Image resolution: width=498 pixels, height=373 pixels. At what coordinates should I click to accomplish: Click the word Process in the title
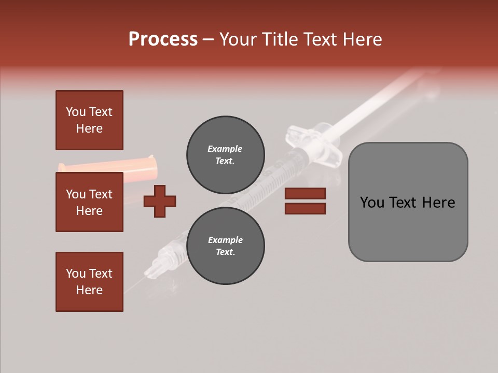[163, 39]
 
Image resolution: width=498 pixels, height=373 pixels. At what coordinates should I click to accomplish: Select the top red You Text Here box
[89, 120]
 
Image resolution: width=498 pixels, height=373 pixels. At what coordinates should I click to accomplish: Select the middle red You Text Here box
[89, 202]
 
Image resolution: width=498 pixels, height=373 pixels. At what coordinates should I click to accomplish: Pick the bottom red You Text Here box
[89, 281]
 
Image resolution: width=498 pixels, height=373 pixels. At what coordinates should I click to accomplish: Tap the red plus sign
[160, 200]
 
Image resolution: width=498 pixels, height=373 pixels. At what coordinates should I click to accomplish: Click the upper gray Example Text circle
[225, 154]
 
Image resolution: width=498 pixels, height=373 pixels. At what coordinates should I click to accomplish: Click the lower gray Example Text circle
[225, 246]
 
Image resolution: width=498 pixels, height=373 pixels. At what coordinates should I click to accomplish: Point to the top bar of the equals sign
[305, 193]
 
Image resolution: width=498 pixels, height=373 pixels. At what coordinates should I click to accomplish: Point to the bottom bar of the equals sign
[305, 208]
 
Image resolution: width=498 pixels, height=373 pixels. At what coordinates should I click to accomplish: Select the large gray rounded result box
[408, 202]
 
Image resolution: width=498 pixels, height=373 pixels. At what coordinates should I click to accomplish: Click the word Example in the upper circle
[225, 149]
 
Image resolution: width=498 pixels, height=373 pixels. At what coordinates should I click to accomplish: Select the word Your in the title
[240, 39]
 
